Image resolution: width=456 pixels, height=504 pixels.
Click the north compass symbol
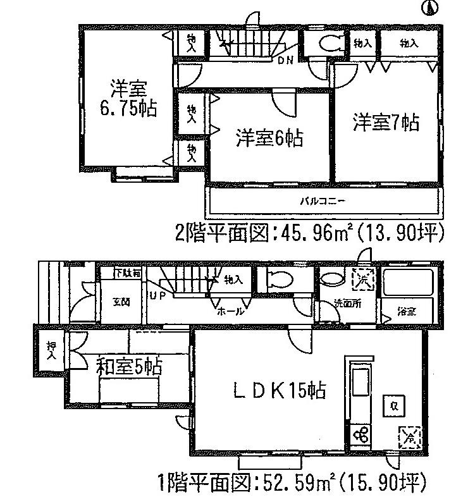click(431, 8)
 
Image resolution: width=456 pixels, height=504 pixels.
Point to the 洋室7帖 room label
click(385, 122)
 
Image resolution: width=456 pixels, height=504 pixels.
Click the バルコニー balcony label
click(322, 202)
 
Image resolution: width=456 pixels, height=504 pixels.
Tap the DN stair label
click(285, 61)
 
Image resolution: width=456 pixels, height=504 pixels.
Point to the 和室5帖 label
click(130, 366)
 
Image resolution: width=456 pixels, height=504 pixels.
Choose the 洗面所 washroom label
click(348, 303)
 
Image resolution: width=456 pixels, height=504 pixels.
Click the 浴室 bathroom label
click(407, 311)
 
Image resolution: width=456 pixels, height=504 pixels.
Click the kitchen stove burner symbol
click(360, 436)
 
